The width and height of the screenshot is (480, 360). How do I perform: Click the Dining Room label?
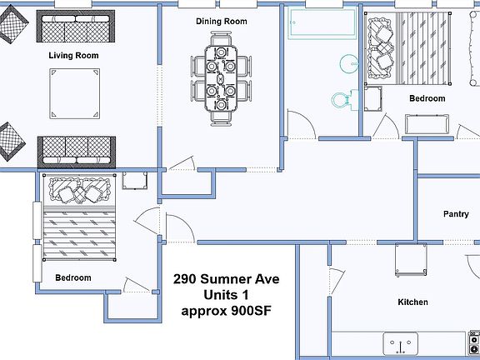(x=222, y=22)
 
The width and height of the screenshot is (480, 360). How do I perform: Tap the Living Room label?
(x=74, y=55)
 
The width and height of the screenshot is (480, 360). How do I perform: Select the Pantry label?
(x=456, y=213)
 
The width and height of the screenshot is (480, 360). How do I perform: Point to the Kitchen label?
(x=412, y=302)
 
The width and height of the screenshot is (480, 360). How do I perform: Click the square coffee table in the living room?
(x=75, y=93)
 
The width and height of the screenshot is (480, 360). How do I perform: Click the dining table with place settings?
(x=221, y=78)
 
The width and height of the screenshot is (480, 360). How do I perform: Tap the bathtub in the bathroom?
(x=322, y=24)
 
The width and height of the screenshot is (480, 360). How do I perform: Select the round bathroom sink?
(x=348, y=63)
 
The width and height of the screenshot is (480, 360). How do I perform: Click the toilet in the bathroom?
(x=345, y=99)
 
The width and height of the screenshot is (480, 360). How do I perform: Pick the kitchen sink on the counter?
(x=400, y=343)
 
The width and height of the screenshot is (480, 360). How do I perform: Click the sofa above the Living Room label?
(x=76, y=27)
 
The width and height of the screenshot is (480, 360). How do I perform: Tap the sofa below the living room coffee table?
(x=77, y=152)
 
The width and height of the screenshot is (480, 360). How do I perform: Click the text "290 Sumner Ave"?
(x=226, y=279)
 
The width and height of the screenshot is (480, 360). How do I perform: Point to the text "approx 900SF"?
(x=226, y=311)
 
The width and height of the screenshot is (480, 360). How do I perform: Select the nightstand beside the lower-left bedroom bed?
(x=135, y=180)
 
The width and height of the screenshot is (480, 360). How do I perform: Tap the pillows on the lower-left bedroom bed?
(x=80, y=190)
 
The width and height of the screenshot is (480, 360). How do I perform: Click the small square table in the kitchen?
(x=411, y=260)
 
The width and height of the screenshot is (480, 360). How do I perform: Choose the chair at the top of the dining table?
(x=221, y=38)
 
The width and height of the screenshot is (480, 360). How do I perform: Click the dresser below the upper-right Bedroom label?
(x=427, y=124)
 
